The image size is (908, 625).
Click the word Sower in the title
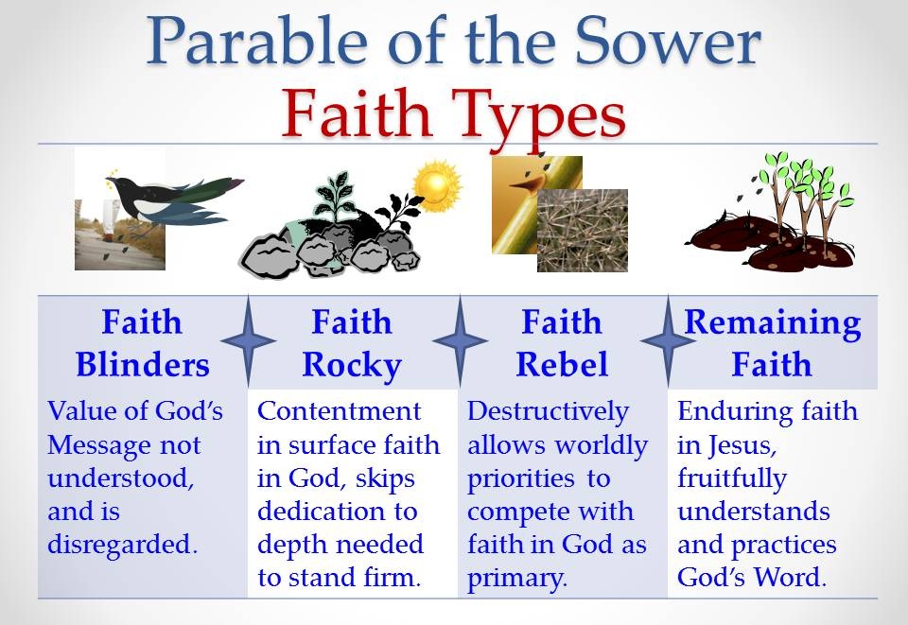(668, 41)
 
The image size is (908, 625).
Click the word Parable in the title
(257, 41)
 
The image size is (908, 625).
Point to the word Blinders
(143, 365)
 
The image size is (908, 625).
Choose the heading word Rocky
(352, 366)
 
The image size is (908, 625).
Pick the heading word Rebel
(562, 365)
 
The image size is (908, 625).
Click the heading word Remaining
(773, 323)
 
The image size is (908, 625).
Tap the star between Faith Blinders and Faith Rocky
(249, 340)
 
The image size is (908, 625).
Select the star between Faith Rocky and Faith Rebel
(461, 340)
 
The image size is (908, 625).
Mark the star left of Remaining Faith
(669, 340)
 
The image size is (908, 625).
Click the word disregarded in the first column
(123, 544)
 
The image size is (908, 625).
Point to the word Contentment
(340, 411)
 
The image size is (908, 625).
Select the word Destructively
(548, 412)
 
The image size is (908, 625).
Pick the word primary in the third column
(516, 579)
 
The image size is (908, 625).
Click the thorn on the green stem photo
(526, 184)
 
